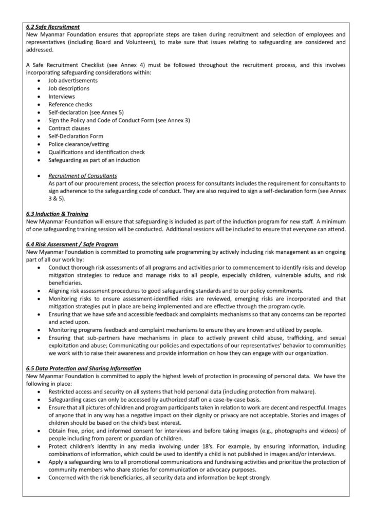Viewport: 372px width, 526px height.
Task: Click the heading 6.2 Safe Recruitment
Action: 52,27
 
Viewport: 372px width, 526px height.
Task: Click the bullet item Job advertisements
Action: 73,81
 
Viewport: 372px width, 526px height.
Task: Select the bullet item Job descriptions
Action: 69,88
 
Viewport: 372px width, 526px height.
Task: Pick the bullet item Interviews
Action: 62,97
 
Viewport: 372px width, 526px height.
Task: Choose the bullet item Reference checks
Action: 70,104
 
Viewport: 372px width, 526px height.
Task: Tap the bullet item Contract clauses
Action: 69,128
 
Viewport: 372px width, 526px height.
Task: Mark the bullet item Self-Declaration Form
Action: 76,136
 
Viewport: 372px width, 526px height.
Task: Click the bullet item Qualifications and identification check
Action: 97,152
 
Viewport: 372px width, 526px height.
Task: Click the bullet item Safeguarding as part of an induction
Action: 94,160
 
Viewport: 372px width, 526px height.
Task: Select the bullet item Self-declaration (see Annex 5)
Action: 86,112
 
